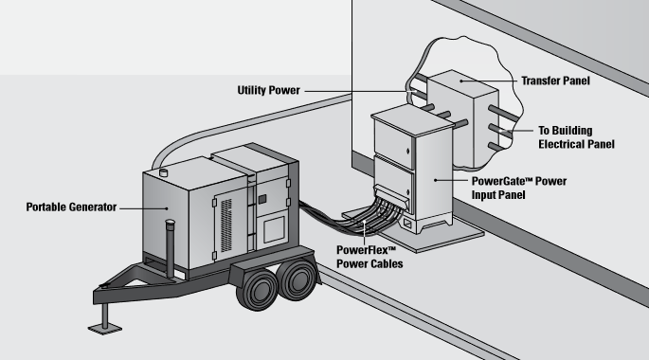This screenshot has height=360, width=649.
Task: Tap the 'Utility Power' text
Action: click(x=268, y=90)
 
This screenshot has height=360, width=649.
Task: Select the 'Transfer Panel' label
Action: click(x=556, y=81)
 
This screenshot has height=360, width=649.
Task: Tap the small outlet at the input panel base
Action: click(x=409, y=225)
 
